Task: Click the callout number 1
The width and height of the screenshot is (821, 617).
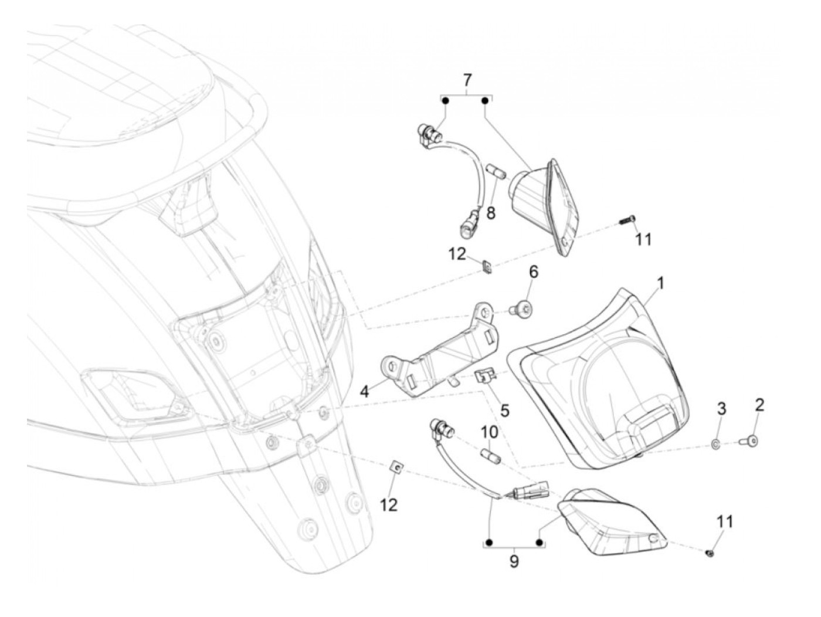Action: click(x=660, y=284)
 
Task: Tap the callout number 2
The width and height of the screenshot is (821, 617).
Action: click(x=759, y=404)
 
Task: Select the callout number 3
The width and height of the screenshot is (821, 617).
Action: click(x=722, y=409)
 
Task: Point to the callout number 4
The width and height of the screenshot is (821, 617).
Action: click(x=365, y=391)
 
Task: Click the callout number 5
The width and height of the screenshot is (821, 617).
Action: click(x=504, y=410)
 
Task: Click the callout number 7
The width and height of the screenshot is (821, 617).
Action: click(x=467, y=79)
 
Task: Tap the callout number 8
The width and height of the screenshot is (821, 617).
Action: click(x=490, y=213)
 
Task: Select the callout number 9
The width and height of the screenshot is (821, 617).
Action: click(x=514, y=561)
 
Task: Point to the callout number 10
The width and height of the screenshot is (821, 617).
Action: click(x=490, y=432)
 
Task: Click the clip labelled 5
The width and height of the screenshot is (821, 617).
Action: click(x=486, y=376)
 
